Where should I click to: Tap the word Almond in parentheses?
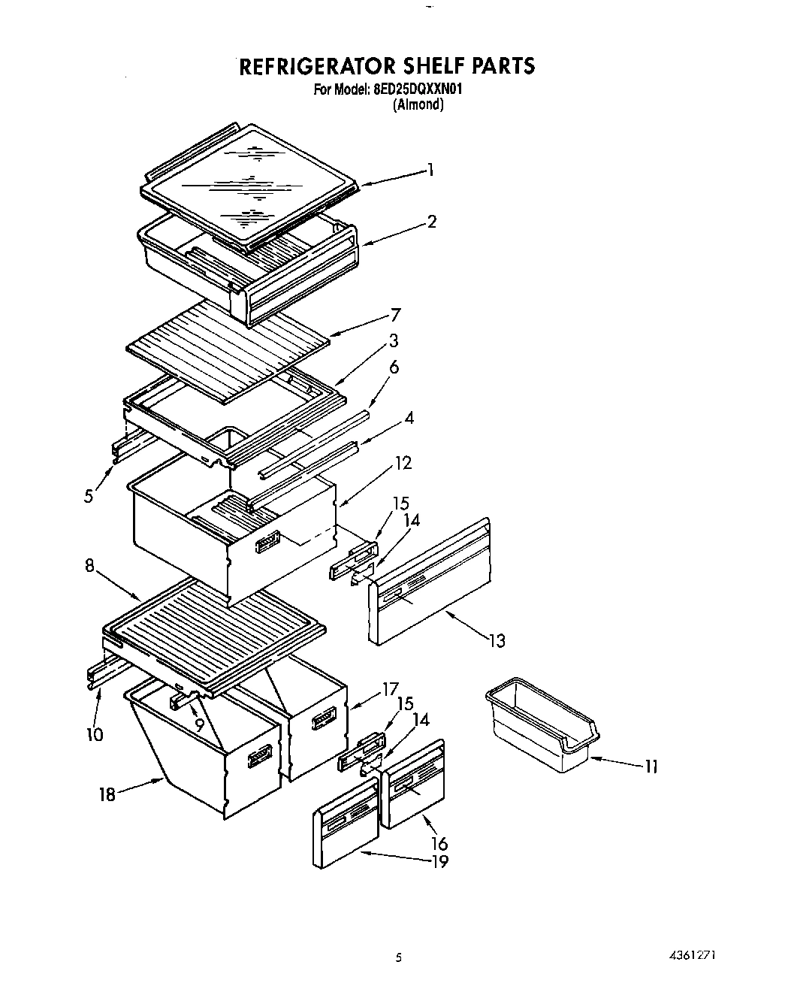pos(418,105)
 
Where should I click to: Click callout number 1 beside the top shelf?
pos(430,171)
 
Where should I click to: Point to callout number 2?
pos(432,222)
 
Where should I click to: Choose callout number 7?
pos(395,315)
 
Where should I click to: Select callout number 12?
pos(403,463)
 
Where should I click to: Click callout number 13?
pos(496,641)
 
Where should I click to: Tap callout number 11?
pos(651,767)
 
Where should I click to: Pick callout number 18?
pos(107,794)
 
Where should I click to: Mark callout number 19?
pos(439,862)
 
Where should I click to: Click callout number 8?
pos(90,566)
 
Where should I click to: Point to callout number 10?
pos(95,733)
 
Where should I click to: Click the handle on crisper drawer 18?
pos(261,756)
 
